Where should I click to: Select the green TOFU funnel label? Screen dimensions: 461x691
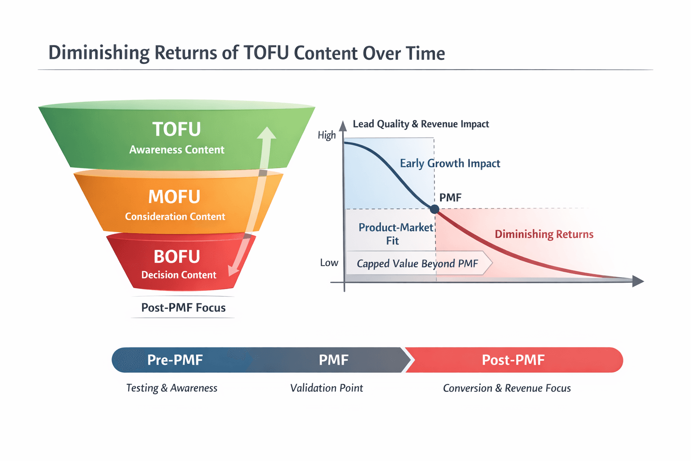click(x=176, y=129)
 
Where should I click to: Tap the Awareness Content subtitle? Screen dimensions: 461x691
click(x=176, y=149)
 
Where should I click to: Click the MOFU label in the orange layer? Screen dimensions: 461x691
click(x=174, y=197)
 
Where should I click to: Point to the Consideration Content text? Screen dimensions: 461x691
click(x=175, y=217)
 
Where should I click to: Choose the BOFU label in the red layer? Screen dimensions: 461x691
click(x=176, y=257)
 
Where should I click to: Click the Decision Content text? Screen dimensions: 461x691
click(x=179, y=275)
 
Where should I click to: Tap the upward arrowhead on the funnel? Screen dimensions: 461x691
click(x=267, y=133)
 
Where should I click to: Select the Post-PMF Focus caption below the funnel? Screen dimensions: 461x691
click(x=183, y=307)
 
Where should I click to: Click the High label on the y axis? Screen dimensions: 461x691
click(x=327, y=135)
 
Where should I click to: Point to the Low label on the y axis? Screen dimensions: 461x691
click(x=329, y=263)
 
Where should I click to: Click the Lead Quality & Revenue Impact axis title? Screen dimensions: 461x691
click(x=421, y=124)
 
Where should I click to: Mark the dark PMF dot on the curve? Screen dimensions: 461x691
click(x=435, y=209)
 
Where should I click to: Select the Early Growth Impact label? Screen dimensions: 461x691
click(x=450, y=163)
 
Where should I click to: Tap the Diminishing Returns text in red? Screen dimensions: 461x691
click(x=544, y=234)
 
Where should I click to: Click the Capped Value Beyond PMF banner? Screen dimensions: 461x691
click(x=417, y=263)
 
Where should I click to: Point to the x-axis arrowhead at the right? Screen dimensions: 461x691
click(x=638, y=281)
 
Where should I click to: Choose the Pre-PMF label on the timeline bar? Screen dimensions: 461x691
click(x=175, y=360)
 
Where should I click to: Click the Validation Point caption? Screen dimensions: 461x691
click(x=327, y=388)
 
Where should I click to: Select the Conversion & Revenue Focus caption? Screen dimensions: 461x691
click(x=507, y=388)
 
